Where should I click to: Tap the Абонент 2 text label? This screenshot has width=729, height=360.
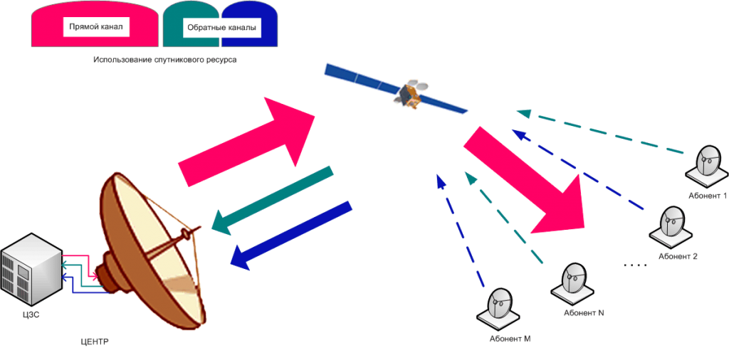[676, 256]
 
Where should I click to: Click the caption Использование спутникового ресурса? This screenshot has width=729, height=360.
[164, 60]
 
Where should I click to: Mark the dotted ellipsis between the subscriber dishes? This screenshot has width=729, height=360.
[634, 265]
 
